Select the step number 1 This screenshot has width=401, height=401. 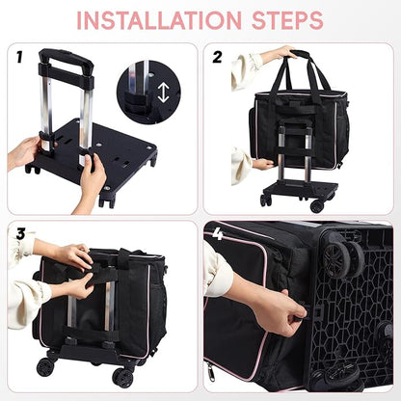pos(17,58)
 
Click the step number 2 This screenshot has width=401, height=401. pos(217,58)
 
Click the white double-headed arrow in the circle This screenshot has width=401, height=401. pos(163,94)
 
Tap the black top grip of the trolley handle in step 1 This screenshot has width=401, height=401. pos(66,59)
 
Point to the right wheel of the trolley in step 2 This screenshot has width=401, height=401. pos(316,205)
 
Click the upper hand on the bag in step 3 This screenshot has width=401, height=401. pos(72,255)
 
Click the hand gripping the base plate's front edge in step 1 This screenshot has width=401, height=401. pos(93,178)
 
